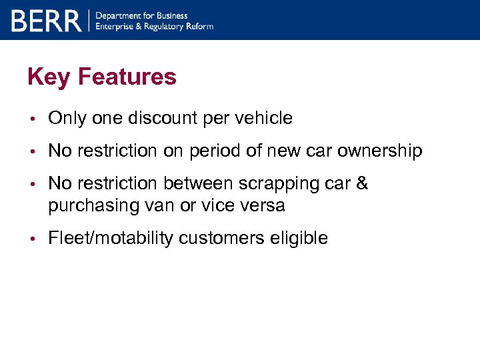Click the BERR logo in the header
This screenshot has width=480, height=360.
coord(46,21)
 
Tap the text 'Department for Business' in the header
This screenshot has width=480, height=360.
coord(142,15)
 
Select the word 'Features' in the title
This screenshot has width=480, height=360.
coord(127,77)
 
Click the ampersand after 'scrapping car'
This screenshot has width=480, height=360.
coord(362,183)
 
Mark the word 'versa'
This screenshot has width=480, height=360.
coord(265,205)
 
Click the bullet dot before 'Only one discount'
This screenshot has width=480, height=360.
coord(32,119)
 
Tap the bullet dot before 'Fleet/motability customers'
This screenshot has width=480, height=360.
coord(32,239)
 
